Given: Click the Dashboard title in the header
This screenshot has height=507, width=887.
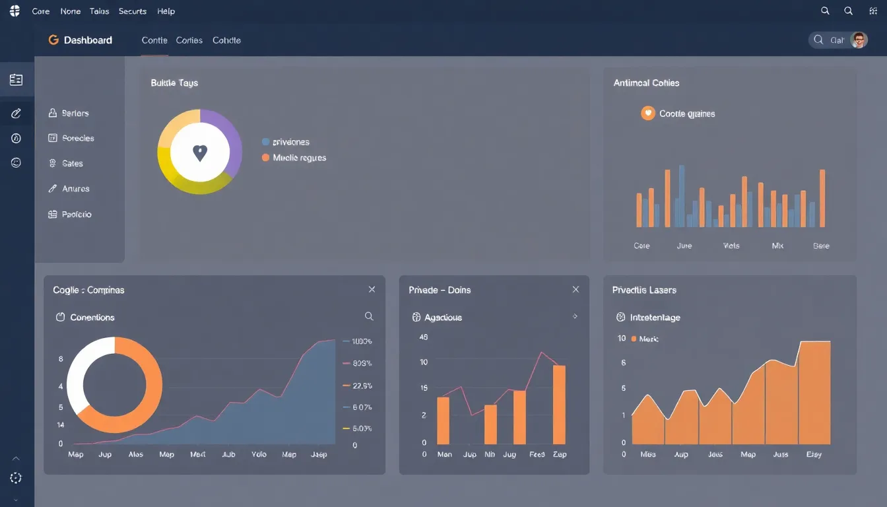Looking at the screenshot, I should (87, 40).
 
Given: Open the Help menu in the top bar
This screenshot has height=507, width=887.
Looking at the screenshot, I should (166, 11).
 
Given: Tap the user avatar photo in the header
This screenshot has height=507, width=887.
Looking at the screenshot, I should (859, 40).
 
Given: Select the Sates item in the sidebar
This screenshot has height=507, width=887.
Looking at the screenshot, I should (72, 164).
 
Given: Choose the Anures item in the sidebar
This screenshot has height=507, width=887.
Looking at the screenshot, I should (75, 189).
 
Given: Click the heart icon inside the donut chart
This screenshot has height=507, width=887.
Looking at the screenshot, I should (200, 153).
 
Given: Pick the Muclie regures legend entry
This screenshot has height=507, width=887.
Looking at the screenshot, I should (299, 158).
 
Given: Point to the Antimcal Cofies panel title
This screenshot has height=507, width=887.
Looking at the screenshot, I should (646, 83).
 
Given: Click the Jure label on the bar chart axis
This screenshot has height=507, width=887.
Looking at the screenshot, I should (684, 246).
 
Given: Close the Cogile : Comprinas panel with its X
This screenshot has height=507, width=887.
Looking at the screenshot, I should (372, 290).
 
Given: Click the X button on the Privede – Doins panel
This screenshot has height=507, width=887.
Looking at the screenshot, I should (575, 290).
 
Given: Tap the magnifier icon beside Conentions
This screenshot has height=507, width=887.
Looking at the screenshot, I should (369, 317).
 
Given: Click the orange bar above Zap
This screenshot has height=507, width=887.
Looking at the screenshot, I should (559, 404).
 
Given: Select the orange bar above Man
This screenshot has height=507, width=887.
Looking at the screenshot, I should (443, 420).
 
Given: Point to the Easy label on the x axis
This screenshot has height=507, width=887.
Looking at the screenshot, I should (813, 455).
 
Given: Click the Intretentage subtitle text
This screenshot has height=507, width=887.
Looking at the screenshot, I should (655, 318).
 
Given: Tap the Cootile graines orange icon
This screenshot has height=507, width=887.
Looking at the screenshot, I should (647, 114).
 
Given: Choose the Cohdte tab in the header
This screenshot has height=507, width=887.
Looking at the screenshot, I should (226, 40).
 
